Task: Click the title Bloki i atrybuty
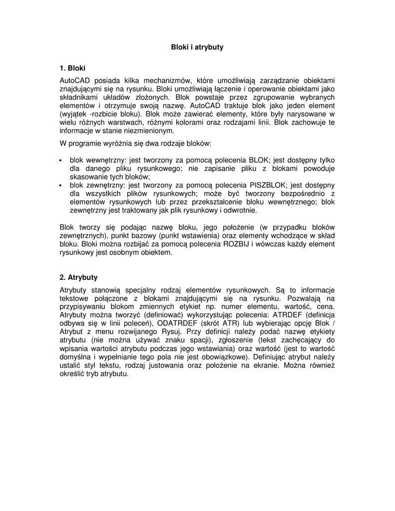coord(197,47)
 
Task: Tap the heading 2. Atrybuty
coord(78,277)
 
